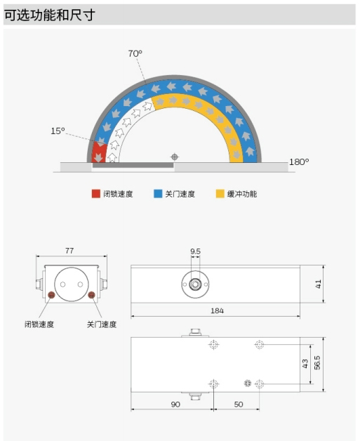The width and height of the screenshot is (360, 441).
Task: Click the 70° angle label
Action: click(x=135, y=53)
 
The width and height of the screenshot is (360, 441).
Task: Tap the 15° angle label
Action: click(x=58, y=131)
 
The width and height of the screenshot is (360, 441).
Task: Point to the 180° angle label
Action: click(x=299, y=162)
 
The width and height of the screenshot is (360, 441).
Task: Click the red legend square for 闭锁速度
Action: click(x=96, y=194)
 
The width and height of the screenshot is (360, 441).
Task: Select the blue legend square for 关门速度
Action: click(x=158, y=194)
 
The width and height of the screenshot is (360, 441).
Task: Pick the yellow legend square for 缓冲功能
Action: click(x=220, y=194)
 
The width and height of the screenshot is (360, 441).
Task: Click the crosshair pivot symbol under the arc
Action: click(x=175, y=157)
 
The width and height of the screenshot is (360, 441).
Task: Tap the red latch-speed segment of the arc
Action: click(x=100, y=152)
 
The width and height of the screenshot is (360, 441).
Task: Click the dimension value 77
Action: click(x=69, y=251)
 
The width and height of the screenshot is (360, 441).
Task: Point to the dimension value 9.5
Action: click(x=195, y=251)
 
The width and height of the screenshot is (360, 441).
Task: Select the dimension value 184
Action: click(x=217, y=311)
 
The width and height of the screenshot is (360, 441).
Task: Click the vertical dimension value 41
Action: click(x=318, y=284)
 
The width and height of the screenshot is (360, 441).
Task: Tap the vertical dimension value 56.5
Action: click(x=317, y=362)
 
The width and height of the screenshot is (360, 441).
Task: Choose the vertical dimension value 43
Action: click(x=305, y=363)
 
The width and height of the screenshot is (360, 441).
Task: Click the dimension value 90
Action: click(x=175, y=404)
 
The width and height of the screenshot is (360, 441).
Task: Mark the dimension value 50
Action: click(x=239, y=404)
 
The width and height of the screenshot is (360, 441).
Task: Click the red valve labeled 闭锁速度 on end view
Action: click(x=51, y=295)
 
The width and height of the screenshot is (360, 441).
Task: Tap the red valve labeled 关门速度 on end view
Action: click(x=91, y=295)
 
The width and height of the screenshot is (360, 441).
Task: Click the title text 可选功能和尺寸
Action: click(x=50, y=15)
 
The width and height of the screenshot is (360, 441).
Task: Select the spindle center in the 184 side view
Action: click(x=195, y=284)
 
